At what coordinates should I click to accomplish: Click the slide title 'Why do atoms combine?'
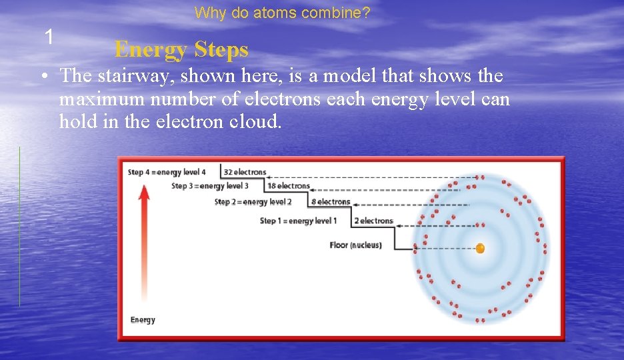point(282,13)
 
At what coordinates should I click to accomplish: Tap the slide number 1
point(49,37)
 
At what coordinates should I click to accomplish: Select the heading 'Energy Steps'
point(181,49)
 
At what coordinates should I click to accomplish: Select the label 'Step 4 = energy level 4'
point(167,173)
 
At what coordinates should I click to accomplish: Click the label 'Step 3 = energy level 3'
point(209,186)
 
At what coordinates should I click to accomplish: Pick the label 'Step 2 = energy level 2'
point(253,202)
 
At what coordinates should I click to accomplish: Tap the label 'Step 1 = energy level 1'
point(298,221)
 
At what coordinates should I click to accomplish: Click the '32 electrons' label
point(245,173)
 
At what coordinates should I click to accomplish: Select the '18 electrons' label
point(289,186)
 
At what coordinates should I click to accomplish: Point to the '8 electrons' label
point(330,202)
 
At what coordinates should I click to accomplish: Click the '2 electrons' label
point(373,221)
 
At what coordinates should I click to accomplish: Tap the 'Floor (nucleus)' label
point(355,245)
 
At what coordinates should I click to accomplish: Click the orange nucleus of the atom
point(480,249)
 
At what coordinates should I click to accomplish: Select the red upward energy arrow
point(143,240)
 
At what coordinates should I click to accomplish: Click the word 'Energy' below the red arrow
point(143,320)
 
